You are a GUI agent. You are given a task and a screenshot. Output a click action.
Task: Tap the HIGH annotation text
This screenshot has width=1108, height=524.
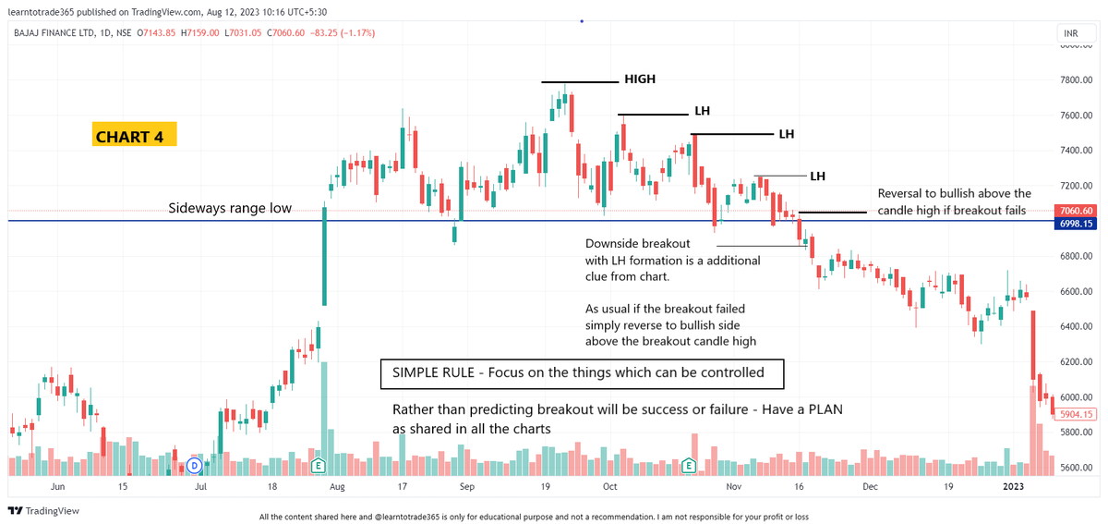click(640, 79)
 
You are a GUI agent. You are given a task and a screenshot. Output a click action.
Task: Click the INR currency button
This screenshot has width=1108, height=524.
click(1071, 34)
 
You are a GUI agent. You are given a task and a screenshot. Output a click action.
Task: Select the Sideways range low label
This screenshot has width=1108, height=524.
click(230, 209)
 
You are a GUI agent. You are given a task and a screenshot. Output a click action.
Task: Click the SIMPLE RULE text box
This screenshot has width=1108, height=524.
click(582, 373)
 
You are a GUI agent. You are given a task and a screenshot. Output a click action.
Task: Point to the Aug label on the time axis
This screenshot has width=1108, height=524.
click(337, 485)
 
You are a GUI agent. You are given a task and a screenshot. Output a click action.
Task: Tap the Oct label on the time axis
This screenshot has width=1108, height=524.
click(609, 485)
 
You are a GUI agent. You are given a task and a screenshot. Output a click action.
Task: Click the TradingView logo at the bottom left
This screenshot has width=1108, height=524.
click(43, 511)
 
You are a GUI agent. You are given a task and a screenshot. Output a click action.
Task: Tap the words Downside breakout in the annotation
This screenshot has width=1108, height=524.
click(637, 244)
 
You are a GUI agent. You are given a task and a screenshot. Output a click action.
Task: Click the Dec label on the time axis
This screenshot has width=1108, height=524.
click(869, 485)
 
